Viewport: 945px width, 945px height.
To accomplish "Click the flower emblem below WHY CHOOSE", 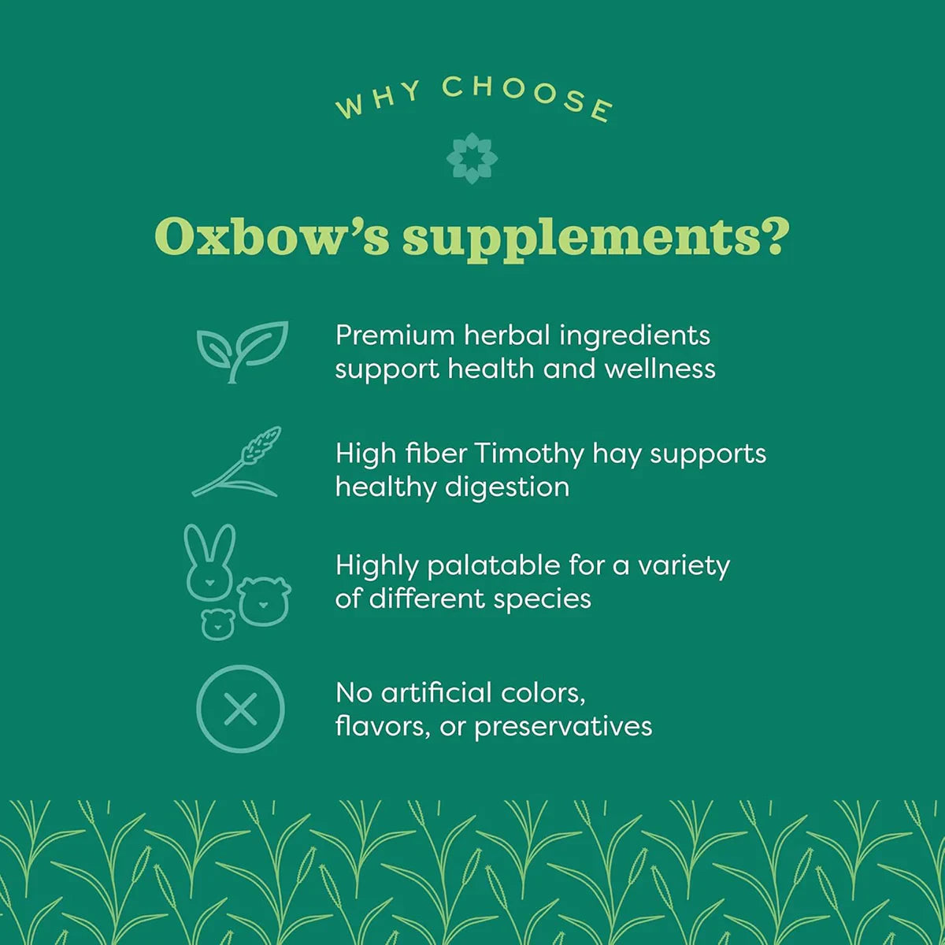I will click(472, 157).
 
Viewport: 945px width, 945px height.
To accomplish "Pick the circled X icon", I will click(240, 709).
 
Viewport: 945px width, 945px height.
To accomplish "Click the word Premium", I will click(395, 335).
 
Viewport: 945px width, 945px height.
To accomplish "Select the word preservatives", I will click(563, 726).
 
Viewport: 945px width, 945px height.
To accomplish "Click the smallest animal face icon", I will click(218, 623).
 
